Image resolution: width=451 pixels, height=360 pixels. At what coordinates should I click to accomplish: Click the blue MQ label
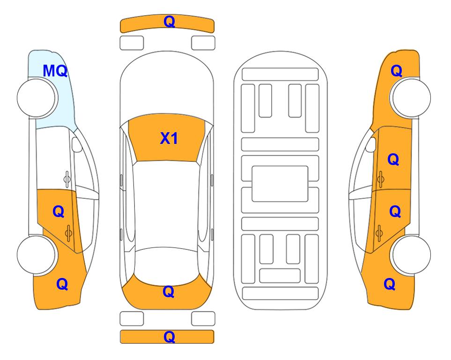[55, 71]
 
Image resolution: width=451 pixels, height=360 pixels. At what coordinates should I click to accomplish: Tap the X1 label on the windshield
[169, 138]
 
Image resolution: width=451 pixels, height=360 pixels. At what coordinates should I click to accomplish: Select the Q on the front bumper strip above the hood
[169, 22]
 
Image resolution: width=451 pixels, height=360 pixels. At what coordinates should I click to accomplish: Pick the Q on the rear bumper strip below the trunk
[169, 337]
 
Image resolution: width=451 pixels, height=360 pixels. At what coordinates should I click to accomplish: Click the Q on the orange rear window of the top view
[168, 292]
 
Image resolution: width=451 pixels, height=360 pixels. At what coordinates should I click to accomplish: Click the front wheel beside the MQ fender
[37, 98]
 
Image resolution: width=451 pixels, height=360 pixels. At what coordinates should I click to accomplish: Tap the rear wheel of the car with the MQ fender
[36, 255]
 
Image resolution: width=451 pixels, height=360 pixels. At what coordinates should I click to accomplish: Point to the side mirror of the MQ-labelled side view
[76, 144]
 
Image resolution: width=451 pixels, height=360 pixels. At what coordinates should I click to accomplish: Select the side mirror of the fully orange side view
[370, 144]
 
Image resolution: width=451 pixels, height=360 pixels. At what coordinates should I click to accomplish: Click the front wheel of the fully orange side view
[411, 98]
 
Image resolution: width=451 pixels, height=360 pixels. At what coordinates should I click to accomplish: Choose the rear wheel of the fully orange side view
[411, 255]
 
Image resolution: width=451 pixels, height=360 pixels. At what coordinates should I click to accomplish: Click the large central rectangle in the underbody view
[280, 184]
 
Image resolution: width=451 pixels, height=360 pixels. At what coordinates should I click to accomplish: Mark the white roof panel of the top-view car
[166, 205]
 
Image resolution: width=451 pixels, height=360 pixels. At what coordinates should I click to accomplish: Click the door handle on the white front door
[67, 179]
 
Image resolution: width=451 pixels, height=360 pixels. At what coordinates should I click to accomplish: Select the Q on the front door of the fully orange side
[393, 159]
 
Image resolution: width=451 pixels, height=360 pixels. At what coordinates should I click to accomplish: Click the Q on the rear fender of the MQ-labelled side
[62, 284]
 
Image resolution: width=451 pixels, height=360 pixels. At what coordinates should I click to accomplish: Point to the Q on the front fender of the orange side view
[396, 71]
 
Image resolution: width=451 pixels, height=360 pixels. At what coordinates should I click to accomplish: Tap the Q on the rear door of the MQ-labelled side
[59, 212]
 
